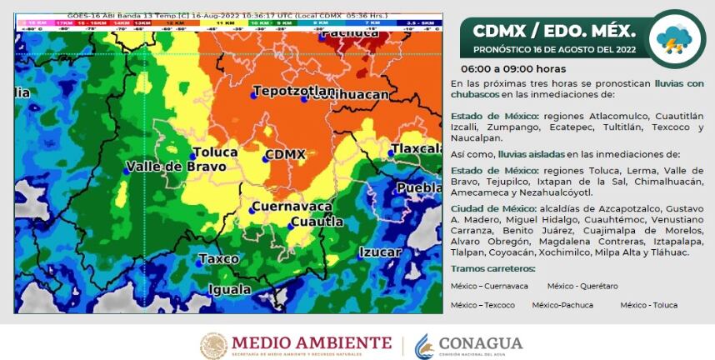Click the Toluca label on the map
tap(215, 152)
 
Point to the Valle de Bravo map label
tap(176, 167)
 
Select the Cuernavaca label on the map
tap(292, 207)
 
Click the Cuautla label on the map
tap(317, 222)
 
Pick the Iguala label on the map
tap(229, 289)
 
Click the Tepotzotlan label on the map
tap(294, 90)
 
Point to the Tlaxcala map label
tap(418, 149)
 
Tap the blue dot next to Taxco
tap(199, 262)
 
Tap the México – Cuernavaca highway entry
tap(489, 286)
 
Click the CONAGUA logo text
tap(481, 343)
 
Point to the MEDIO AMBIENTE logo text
tap(311, 342)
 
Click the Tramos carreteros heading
tap(492, 268)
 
